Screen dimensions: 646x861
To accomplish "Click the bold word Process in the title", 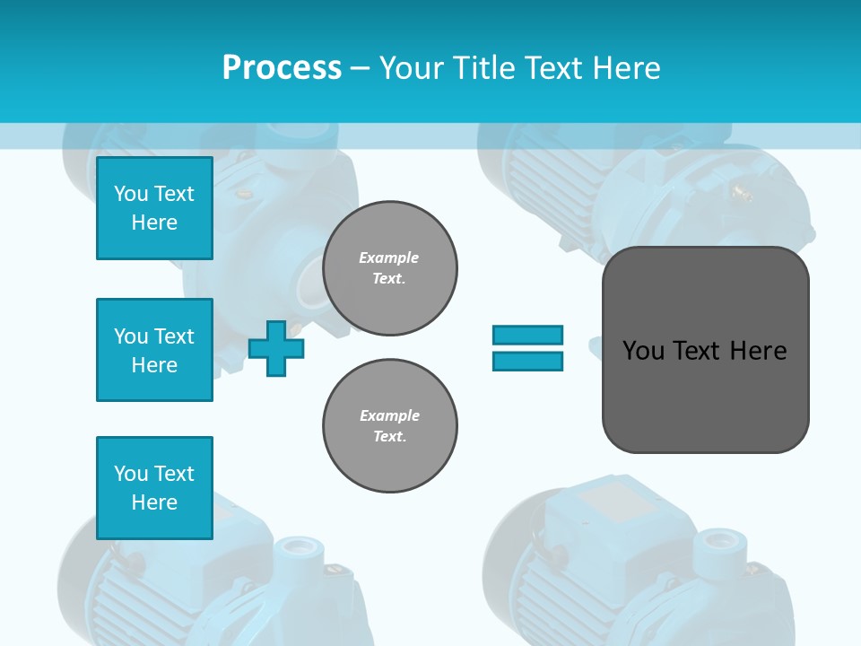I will coord(282,67).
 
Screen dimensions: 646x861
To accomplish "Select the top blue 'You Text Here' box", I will coord(154,208).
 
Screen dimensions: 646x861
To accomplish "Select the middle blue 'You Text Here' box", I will coord(154,350).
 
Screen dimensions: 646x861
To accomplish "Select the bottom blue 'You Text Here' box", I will coord(154,488).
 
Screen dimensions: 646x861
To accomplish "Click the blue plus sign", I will coord(276,348).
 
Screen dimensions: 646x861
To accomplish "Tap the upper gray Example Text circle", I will coord(390,268).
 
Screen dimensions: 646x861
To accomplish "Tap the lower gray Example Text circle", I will coord(390,426).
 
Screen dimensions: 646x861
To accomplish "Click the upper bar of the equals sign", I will coord(527,335).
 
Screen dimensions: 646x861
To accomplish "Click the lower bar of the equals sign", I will coord(527,361).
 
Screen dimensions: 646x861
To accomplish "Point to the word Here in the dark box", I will coord(758,351).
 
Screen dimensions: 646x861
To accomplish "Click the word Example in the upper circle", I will coord(388,258).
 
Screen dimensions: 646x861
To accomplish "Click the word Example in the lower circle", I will coord(389,415).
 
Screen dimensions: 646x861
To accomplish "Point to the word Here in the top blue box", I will coord(154,223).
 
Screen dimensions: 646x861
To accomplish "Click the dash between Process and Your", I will coord(361,68).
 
